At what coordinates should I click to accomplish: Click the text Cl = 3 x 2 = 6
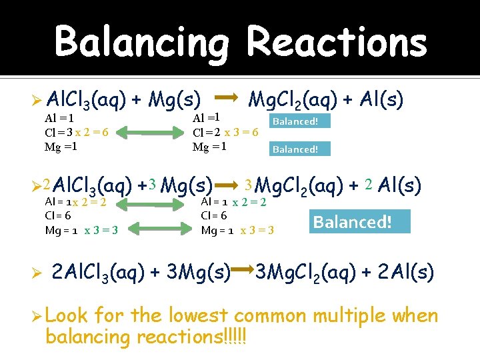pos(77,132)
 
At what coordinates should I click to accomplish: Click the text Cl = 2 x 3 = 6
pos(225,132)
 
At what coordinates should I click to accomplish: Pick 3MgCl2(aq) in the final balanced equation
pos(300,272)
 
